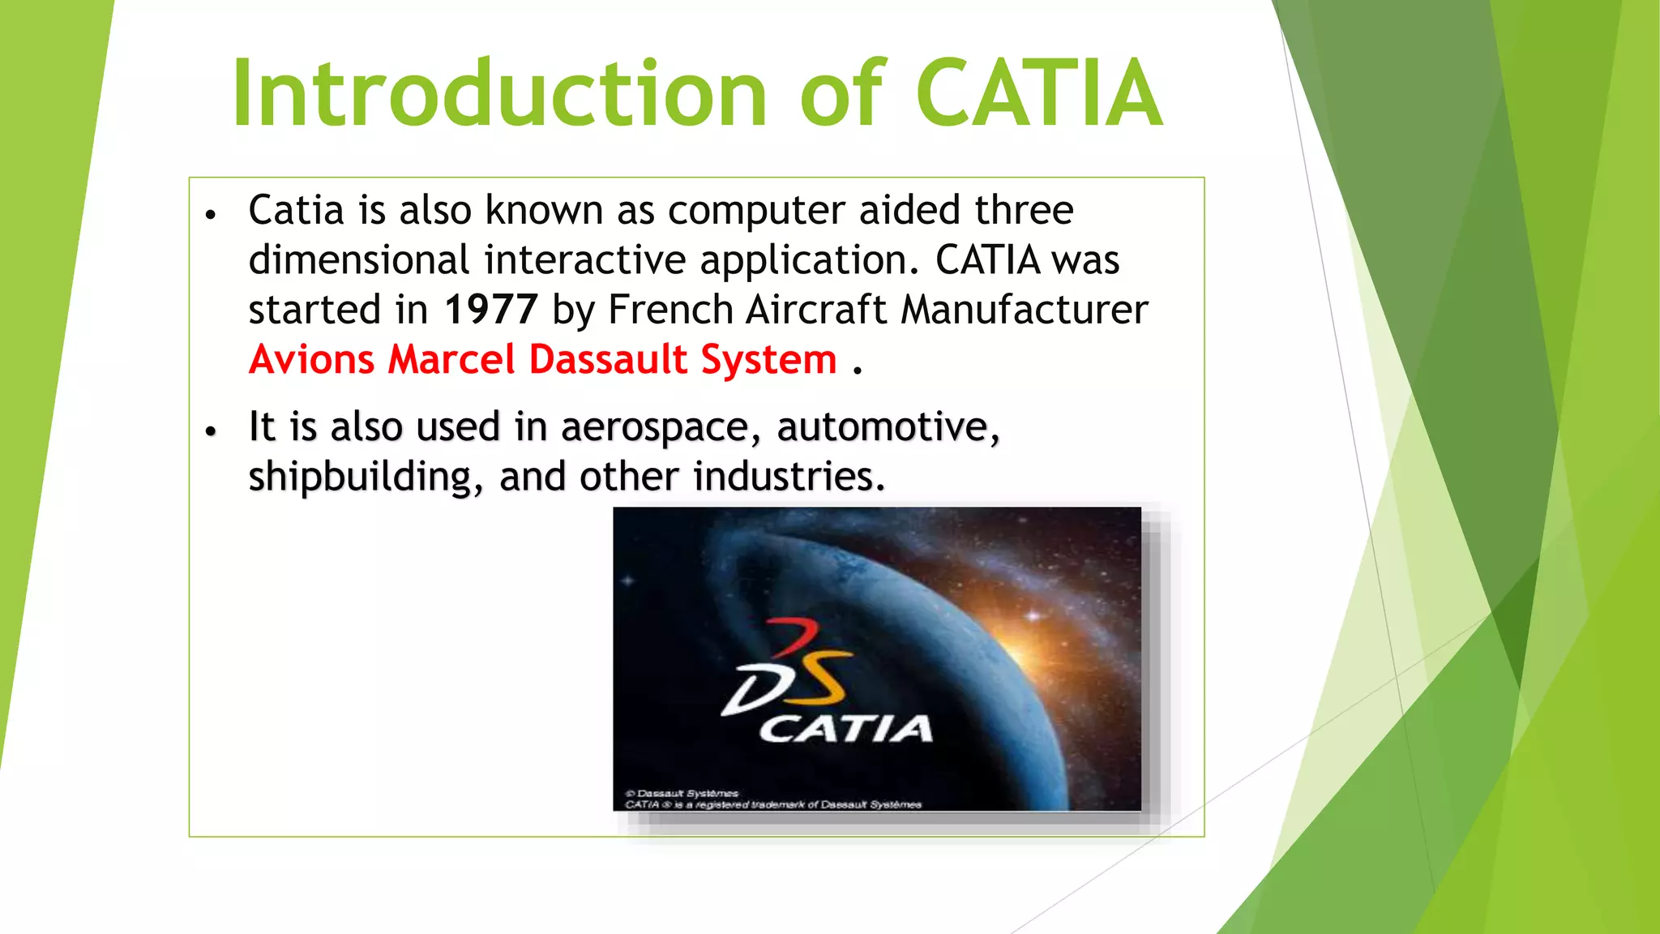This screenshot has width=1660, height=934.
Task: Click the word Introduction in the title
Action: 498,94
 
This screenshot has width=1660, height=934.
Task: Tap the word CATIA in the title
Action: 1040,94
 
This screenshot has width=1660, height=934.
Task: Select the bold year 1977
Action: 490,310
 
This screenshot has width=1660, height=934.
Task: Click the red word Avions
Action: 311,359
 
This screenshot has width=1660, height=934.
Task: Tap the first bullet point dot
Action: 211,215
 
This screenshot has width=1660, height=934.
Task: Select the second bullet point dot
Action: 211,431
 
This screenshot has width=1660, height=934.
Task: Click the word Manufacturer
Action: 1025,310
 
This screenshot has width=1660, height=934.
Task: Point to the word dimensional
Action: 358,260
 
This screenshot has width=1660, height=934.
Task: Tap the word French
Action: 670,310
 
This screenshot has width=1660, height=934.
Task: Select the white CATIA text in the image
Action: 845,729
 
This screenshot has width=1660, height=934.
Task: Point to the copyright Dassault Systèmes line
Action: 682,793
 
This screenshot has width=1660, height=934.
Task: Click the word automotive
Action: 888,427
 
